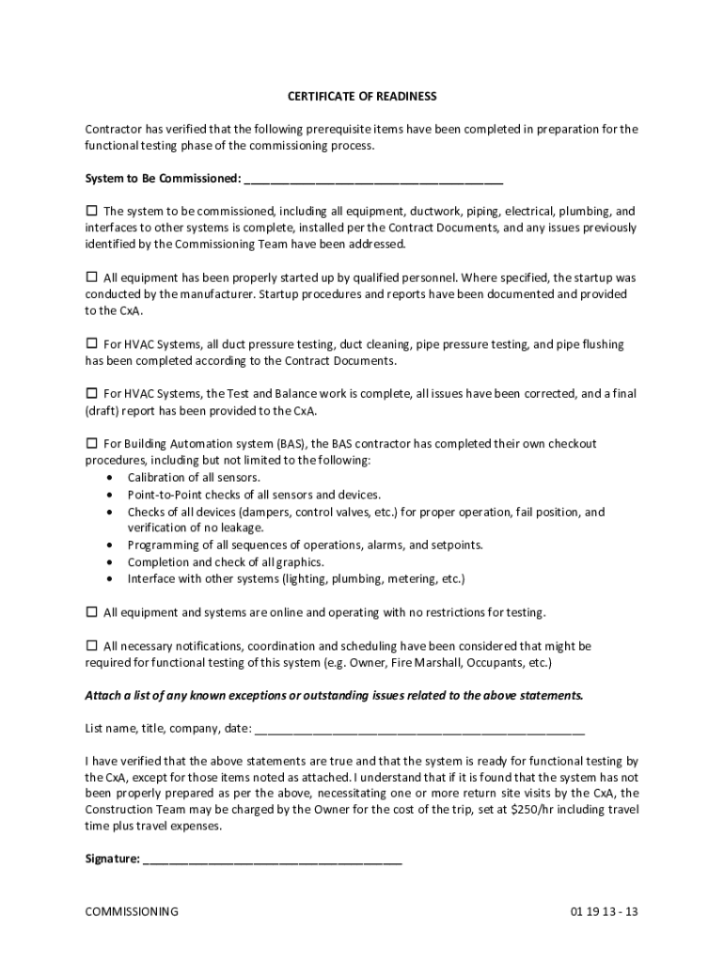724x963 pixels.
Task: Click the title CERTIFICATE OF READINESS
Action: click(362, 97)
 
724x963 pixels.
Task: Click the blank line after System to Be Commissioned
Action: click(372, 179)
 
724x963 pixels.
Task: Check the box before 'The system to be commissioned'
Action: click(92, 211)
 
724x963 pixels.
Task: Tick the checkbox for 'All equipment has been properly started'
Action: click(92, 277)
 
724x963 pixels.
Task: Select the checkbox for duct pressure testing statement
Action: click(92, 344)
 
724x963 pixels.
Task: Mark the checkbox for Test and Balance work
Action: click(92, 393)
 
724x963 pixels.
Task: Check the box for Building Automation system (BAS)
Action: click(92, 443)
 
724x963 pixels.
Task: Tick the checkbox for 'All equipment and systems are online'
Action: click(92, 612)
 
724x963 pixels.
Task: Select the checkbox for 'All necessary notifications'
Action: click(92, 646)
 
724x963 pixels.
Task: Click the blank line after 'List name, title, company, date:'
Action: click(419, 728)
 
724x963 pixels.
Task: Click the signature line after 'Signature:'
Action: click(273, 859)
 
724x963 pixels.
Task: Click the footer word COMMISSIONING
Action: click(132, 912)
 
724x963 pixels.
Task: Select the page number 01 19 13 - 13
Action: click(604, 912)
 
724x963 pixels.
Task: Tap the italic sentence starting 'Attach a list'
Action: click(335, 696)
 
